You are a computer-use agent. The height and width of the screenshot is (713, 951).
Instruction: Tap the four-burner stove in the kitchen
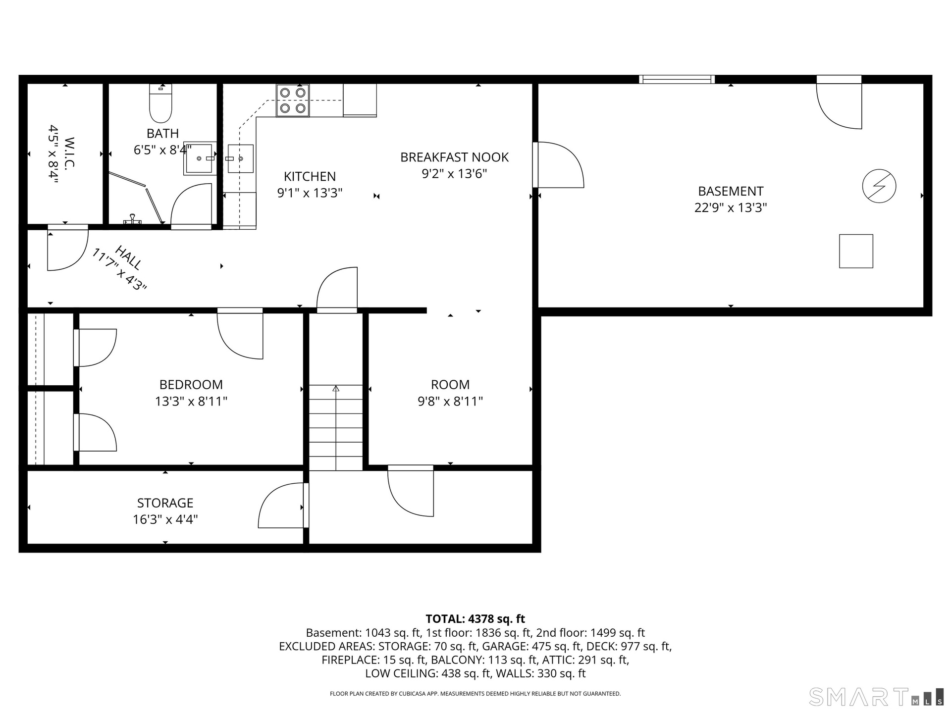coord(293,101)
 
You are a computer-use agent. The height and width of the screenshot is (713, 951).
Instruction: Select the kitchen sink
coord(241,158)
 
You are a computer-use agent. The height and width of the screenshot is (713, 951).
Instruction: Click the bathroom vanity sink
coord(200,158)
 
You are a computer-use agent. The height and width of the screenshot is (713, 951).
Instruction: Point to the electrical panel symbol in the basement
coord(879,187)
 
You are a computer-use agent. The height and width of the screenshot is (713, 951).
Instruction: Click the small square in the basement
coord(856,251)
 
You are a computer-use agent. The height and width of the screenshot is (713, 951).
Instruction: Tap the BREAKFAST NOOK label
coord(454,157)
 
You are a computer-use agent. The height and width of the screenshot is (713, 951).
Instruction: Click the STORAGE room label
coord(165,503)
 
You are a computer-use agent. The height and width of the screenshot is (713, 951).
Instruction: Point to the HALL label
coord(130,257)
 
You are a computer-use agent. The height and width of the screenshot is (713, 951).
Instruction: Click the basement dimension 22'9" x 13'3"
coord(731,207)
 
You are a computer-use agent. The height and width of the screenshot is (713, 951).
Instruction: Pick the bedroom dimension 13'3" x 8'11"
coord(191,401)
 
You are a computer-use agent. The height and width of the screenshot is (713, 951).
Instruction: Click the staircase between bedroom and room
coord(336,428)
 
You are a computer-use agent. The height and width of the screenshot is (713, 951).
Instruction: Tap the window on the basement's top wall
coord(677,79)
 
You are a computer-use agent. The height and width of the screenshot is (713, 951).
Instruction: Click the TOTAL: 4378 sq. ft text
coord(475,619)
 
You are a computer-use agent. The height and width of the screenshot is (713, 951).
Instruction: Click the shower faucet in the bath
coord(132,219)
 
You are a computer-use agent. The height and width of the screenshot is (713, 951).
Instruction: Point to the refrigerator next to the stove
coord(360,101)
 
